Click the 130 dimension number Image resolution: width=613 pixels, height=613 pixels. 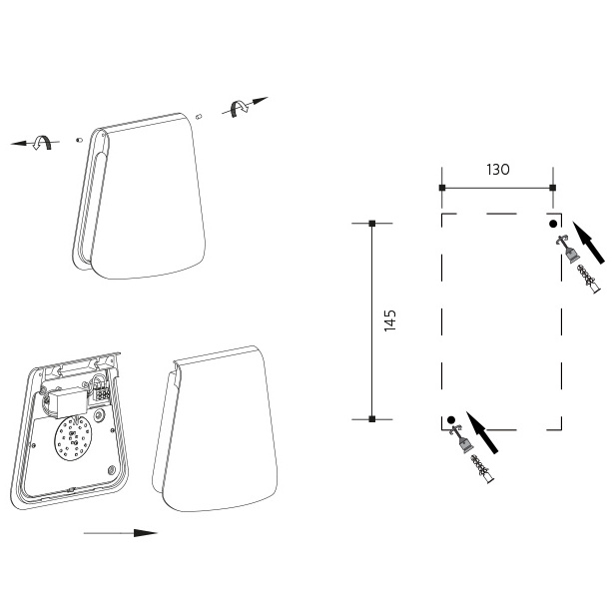[x=498, y=170]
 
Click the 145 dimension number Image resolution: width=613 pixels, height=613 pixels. [x=390, y=320]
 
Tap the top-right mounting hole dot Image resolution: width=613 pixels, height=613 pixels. [x=553, y=224]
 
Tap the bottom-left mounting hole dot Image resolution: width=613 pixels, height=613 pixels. [x=451, y=420]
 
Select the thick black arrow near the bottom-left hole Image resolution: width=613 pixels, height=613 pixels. [x=482, y=432]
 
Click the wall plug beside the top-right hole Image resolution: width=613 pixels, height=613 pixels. [x=589, y=279]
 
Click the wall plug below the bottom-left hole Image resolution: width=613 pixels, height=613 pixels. [x=483, y=469]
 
